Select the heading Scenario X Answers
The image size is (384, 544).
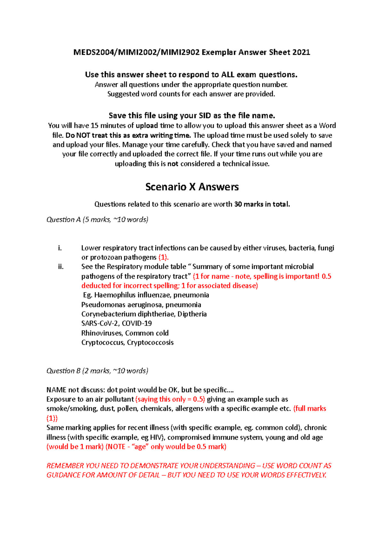[x=192, y=187]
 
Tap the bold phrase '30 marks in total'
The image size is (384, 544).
[x=261, y=204]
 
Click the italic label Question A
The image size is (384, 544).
[x=63, y=220]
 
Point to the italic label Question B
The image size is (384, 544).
[x=63, y=371]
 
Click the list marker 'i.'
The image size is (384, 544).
[x=60, y=248]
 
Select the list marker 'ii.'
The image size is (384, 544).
[x=61, y=267]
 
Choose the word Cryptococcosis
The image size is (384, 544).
[x=150, y=342]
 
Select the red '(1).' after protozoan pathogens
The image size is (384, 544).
[x=164, y=258]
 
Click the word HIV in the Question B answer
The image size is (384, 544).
[x=155, y=437]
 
